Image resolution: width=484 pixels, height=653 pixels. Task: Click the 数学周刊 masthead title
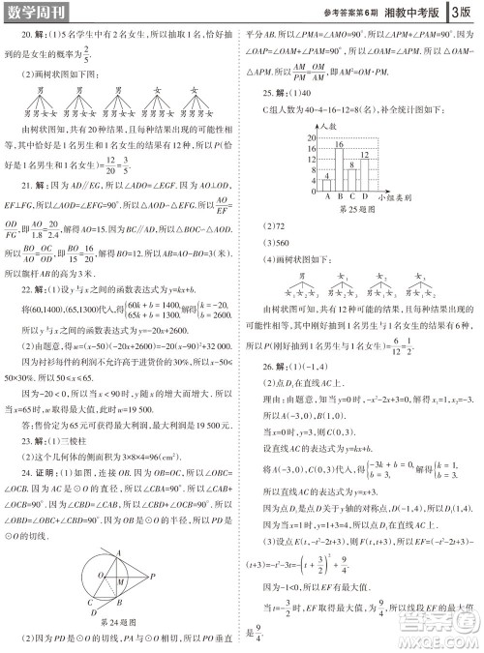pyautogui.click(x=39, y=13)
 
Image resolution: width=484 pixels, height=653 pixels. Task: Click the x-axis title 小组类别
pyautogui.click(x=374, y=196)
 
